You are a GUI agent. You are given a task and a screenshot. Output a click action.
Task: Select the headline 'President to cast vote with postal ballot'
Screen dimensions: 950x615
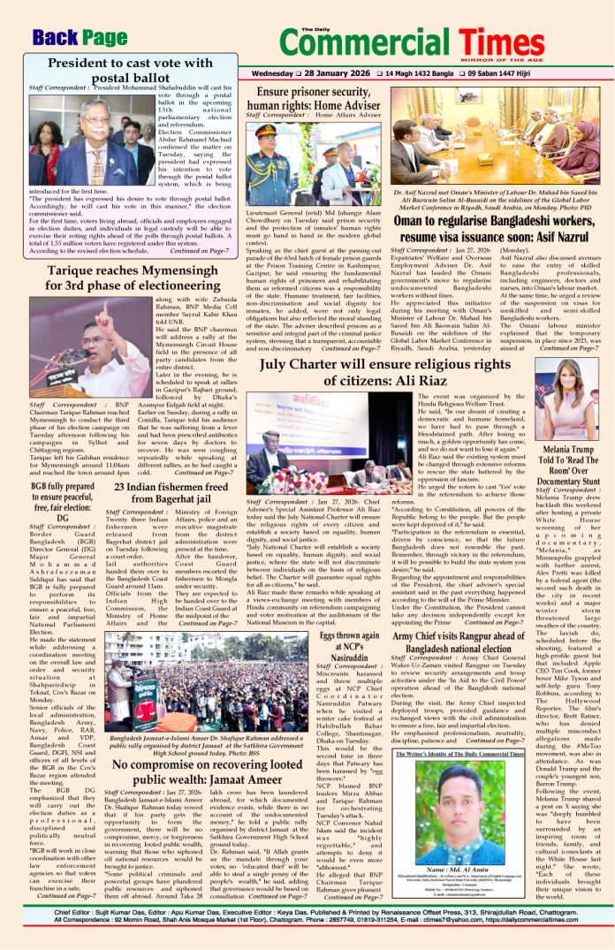pos(126,70)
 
